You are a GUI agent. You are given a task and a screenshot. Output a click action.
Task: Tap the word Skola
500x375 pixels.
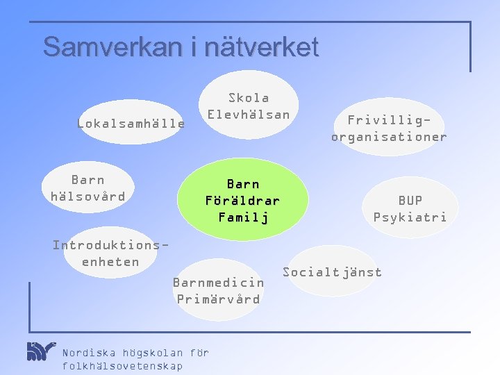(249, 98)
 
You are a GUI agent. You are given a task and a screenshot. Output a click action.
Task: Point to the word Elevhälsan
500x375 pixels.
(249, 115)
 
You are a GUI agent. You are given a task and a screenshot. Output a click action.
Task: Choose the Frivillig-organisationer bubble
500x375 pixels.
(389, 128)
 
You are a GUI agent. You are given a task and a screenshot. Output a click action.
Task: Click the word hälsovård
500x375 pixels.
(88, 197)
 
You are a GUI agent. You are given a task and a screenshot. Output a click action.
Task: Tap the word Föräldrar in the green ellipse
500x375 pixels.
(242, 201)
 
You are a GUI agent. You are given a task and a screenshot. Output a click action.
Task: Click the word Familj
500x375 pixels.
(242, 217)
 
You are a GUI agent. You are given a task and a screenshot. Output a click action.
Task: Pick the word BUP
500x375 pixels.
(410, 201)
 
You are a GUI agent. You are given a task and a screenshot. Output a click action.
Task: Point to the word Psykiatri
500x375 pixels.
(410, 217)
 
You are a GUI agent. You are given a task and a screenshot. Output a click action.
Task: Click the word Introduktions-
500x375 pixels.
(110, 245)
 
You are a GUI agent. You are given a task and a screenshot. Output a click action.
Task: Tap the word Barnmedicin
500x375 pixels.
(218, 283)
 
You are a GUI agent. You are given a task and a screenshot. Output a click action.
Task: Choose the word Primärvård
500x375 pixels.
(218, 299)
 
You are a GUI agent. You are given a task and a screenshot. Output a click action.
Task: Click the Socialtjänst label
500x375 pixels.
(332, 272)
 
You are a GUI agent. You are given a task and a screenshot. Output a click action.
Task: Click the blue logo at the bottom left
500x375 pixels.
(40, 351)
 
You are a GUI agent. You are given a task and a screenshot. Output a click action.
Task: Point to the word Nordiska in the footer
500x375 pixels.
(90, 352)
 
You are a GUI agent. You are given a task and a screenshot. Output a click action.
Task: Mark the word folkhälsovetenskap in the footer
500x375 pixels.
(122, 366)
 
